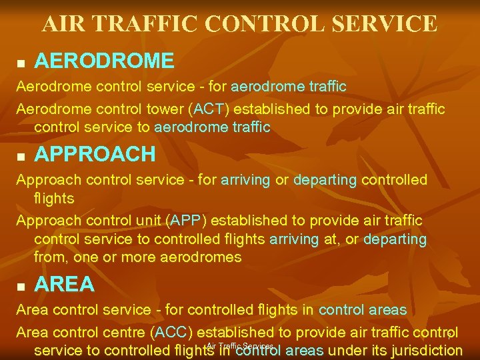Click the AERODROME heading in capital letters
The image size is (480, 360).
click(104, 61)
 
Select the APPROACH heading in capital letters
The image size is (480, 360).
click(95, 154)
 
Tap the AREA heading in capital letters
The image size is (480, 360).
click(64, 285)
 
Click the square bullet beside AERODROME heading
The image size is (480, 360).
click(20, 63)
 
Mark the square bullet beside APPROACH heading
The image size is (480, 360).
click(20, 155)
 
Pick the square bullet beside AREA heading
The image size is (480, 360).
click(20, 286)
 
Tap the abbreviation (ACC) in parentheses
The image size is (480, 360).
click(173, 332)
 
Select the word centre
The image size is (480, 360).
click(128, 332)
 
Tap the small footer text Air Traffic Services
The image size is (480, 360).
click(240, 346)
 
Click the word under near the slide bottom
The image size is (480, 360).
click(349, 351)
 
